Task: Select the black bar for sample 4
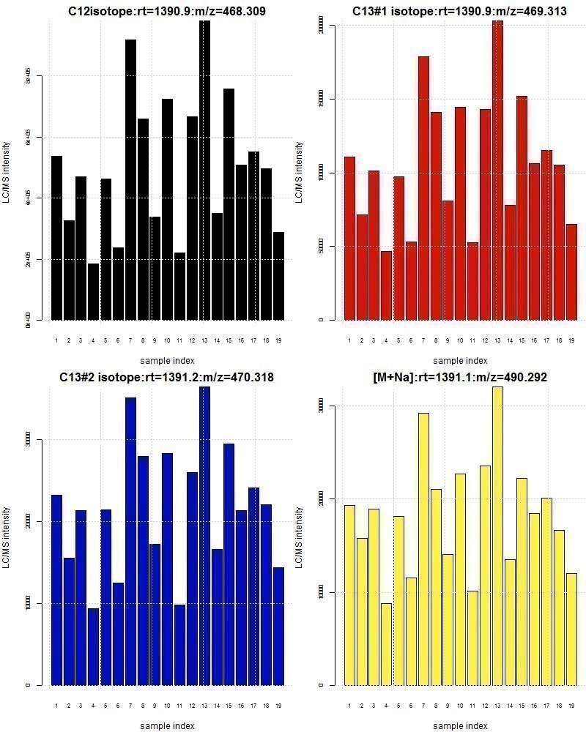pyautogui.click(x=93, y=292)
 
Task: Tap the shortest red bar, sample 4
pyautogui.click(x=386, y=285)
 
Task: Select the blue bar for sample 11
pyautogui.click(x=179, y=645)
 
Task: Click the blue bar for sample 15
pyautogui.click(x=229, y=564)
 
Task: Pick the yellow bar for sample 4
pyautogui.click(x=386, y=644)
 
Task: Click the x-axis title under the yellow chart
pyautogui.click(x=460, y=726)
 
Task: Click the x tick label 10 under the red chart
pyautogui.click(x=460, y=340)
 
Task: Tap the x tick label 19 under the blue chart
pyautogui.click(x=278, y=706)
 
